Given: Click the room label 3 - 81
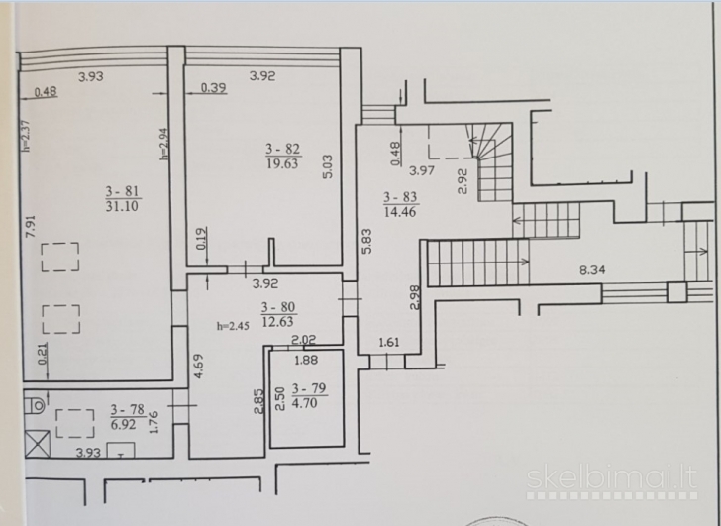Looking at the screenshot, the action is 122,191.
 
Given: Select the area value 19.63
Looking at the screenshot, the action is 282,163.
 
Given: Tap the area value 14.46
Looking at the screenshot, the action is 400,212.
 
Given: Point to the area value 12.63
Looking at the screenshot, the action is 277,321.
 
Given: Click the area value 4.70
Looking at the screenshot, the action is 304,403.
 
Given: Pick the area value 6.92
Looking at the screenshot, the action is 123,424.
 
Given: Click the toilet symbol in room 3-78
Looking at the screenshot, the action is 34,405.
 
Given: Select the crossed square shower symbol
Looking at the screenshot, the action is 38,443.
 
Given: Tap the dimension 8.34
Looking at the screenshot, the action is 592,269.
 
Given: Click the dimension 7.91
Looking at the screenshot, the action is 31,226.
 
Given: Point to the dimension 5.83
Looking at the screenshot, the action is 366,242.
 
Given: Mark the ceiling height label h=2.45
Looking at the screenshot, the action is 233,326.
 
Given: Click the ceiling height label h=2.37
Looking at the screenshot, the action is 26,136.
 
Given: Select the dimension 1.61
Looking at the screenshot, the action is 389,342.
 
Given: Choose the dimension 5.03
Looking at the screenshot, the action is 328,166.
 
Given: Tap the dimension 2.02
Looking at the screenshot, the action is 304,340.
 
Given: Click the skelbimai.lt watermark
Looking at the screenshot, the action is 612,478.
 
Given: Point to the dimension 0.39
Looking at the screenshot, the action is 213,87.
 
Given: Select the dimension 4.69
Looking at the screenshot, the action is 199,366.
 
